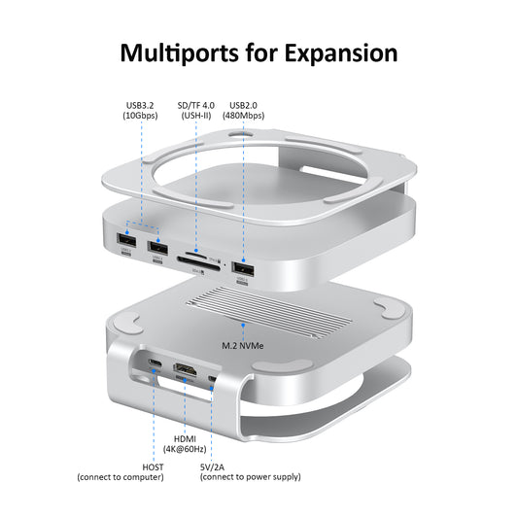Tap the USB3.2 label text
click(142, 105)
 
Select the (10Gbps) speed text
click(142, 116)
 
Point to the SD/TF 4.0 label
click(197, 105)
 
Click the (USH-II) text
click(197, 116)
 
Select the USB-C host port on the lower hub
click(155, 366)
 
